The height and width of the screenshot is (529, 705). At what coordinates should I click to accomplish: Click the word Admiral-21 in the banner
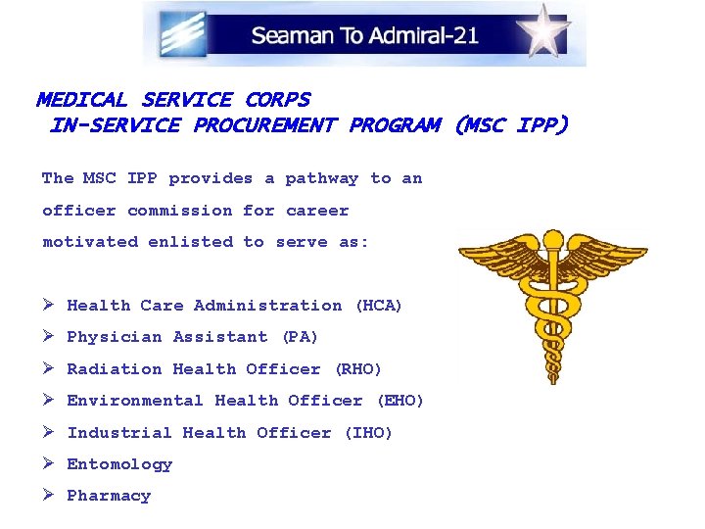pos(424,36)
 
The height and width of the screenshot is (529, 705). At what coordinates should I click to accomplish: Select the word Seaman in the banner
pos(286,36)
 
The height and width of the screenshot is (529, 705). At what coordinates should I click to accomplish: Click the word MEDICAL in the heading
pos(82,100)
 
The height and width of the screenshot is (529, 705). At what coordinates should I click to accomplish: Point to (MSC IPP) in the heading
pos(510,125)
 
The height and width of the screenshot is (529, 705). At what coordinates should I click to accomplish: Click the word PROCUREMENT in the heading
pos(264,125)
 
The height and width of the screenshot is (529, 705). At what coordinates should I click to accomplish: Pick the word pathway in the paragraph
pos(322,178)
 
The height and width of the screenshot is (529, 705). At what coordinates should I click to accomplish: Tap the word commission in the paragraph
pos(180,211)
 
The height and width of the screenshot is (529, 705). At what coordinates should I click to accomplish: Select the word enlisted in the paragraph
pos(191,242)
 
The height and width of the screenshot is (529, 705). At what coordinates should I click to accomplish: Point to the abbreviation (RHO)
pos(357,369)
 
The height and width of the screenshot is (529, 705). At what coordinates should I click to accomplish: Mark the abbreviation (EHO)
pos(399,401)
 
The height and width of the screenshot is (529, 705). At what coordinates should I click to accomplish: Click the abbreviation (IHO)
pos(368,433)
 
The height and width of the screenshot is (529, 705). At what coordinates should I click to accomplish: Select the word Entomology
pos(119,464)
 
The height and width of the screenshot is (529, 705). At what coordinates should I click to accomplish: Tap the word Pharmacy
pos(109,496)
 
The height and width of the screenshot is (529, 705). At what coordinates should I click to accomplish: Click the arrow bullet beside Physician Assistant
pos(49,337)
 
